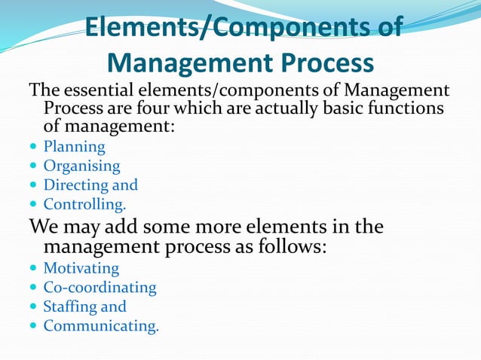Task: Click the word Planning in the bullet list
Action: (x=74, y=147)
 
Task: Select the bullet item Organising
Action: (x=81, y=166)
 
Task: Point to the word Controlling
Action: (x=84, y=203)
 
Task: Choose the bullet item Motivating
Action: (x=81, y=268)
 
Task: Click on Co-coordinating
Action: (x=100, y=287)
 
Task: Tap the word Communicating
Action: (x=100, y=325)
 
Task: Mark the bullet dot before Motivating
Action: (x=32, y=269)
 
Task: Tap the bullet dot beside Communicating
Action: (x=32, y=326)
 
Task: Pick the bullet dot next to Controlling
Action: (x=32, y=204)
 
